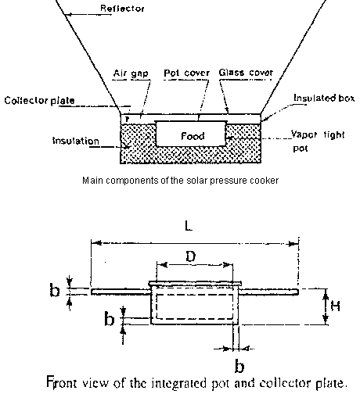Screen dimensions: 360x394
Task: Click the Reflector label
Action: coord(122,9)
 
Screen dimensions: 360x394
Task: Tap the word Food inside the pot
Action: coord(193,136)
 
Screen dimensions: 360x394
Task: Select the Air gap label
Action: coord(131,73)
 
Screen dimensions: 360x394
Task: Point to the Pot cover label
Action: coord(186,73)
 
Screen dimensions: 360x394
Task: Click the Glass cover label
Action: coord(246,73)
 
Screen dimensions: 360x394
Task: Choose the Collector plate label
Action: coord(39,100)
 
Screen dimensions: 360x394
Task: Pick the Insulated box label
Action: coord(324,98)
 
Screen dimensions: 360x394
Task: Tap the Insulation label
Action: coord(76,141)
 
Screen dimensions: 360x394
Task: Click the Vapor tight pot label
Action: coord(318,141)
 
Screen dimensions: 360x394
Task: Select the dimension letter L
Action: coord(189,226)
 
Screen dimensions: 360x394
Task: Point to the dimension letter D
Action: coord(191,256)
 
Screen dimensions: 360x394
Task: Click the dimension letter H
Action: coord(336,306)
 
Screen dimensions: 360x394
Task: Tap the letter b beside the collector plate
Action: coord(55,290)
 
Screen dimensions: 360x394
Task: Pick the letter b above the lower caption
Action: coord(239,366)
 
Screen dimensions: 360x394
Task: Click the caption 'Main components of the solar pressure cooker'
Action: coord(180,181)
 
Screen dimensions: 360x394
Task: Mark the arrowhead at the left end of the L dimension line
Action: coord(96,243)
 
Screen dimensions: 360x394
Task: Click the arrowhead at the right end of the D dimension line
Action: coord(228,265)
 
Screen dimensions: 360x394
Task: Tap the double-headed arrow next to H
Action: coord(326,307)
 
